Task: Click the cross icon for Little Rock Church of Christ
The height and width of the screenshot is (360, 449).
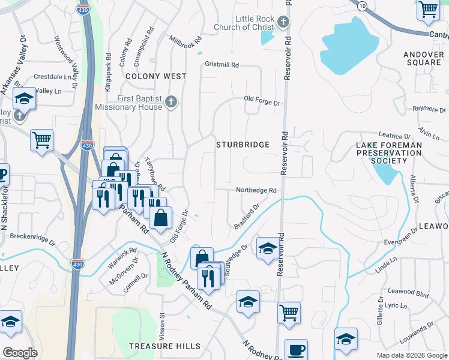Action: (284, 23)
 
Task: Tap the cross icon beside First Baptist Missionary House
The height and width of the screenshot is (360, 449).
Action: (171, 102)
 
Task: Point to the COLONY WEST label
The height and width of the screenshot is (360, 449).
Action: (155, 77)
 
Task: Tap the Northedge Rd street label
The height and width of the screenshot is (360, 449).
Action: (256, 190)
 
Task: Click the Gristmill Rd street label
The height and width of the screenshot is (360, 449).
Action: (221, 65)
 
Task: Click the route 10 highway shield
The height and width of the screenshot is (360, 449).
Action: (361, 5)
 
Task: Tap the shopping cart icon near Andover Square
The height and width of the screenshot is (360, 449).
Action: (429, 9)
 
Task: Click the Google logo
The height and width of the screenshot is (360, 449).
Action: (20, 352)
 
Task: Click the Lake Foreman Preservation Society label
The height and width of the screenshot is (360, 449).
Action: (388, 153)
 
